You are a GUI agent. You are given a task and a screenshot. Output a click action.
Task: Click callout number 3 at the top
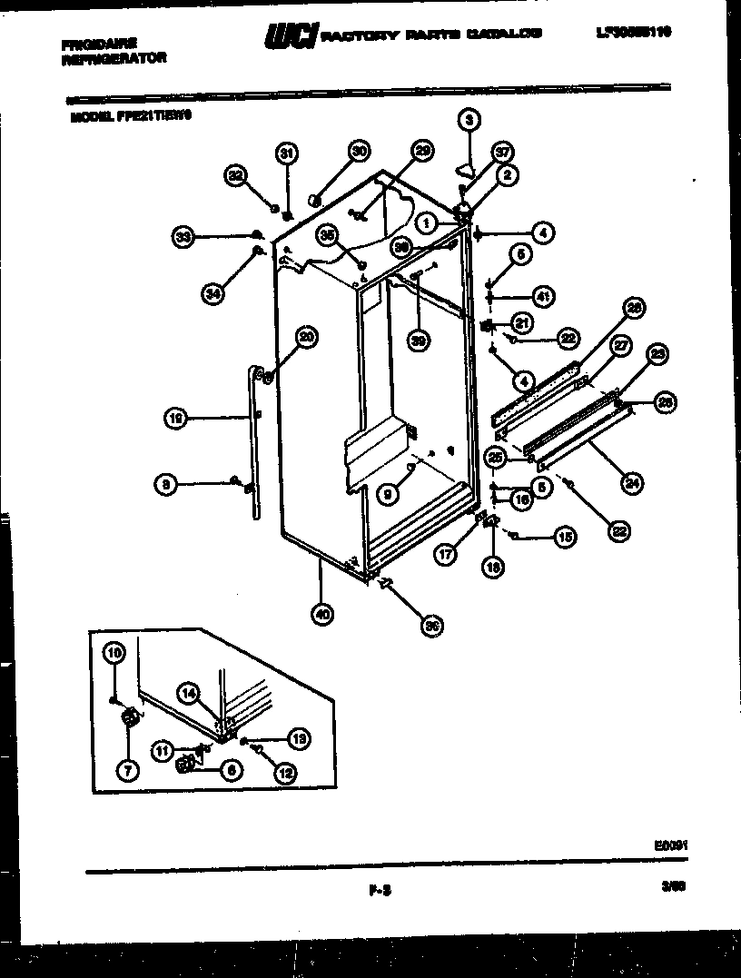pyautogui.click(x=469, y=118)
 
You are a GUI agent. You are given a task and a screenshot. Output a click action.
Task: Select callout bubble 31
pyautogui.click(x=286, y=153)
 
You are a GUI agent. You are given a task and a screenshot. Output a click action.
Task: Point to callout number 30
pyautogui.click(x=359, y=151)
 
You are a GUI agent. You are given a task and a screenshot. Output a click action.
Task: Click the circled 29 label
pyautogui.click(x=421, y=151)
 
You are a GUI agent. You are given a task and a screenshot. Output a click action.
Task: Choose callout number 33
pyautogui.click(x=184, y=237)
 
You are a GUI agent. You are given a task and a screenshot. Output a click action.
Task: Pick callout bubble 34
pyautogui.click(x=212, y=292)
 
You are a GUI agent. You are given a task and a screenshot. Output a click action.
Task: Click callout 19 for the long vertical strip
pyautogui.click(x=176, y=418)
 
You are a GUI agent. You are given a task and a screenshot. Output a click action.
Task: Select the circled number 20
pyautogui.click(x=306, y=337)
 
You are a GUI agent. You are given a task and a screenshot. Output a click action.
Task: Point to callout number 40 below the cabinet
pyautogui.click(x=321, y=614)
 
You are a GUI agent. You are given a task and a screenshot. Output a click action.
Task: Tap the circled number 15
pyautogui.click(x=565, y=538)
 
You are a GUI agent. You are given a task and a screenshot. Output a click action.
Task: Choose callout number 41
pyautogui.click(x=543, y=295)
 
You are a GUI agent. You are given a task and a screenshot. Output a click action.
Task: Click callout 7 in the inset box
pyautogui.click(x=126, y=770)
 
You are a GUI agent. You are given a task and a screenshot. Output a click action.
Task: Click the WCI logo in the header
pyautogui.click(x=290, y=35)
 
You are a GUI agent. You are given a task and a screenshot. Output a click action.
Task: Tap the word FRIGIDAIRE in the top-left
pyautogui.click(x=99, y=43)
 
